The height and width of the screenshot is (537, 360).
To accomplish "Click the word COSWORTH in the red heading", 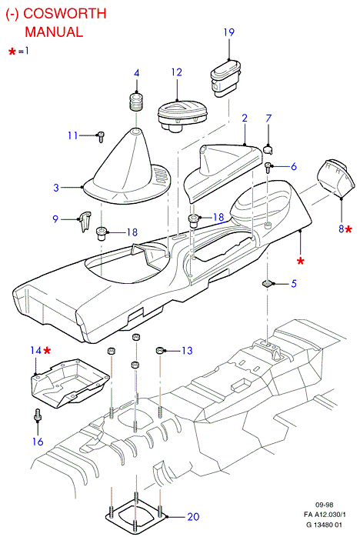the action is [x=65, y=13].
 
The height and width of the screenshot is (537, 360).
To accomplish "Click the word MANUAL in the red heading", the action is [x=54, y=32].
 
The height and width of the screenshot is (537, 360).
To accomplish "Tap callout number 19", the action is [x=228, y=32].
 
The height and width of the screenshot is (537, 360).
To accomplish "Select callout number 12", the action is [x=177, y=72].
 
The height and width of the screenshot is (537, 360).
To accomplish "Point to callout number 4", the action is [x=137, y=73].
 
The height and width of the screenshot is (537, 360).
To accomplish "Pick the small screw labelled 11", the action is [x=101, y=136].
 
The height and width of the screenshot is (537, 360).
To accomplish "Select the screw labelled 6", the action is [x=268, y=168].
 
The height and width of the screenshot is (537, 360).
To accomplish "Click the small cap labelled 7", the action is [x=268, y=149].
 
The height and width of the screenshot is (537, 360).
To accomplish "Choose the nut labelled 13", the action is [x=160, y=350].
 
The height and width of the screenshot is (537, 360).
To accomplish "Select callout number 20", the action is [x=193, y=516].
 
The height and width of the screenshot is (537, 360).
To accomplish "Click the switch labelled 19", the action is [x=226, y=78].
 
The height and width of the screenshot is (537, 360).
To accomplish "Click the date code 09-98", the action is [x=324, y=505].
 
